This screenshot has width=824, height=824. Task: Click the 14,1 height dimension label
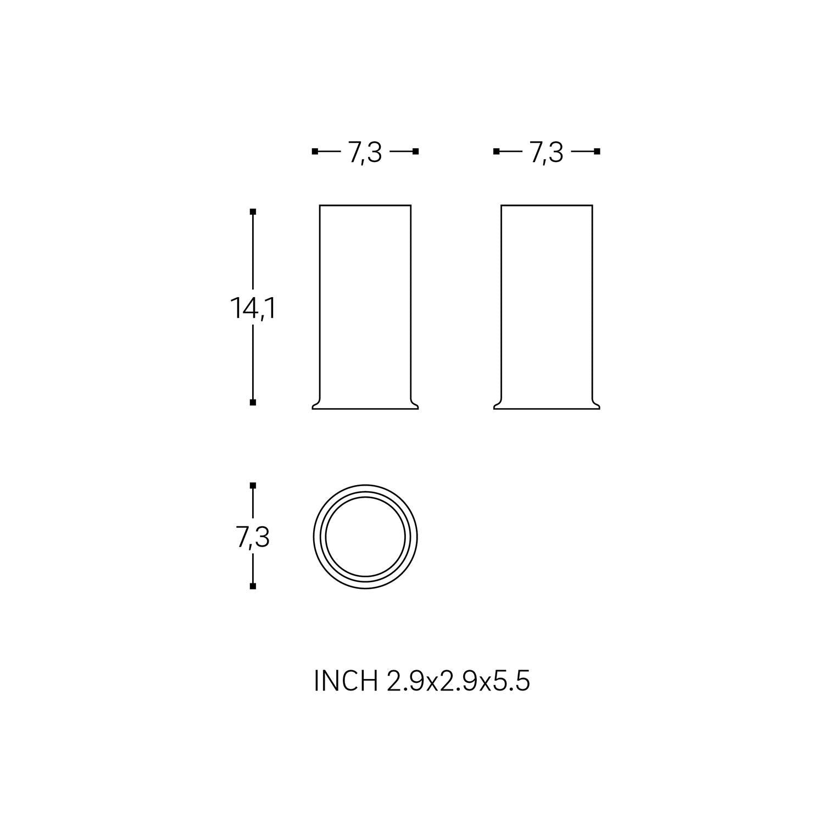pos(253,309)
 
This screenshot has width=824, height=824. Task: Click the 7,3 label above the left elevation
pos(365,152)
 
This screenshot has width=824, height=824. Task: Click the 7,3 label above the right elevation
pos(547,152)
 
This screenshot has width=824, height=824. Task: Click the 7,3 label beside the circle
pos(253,537)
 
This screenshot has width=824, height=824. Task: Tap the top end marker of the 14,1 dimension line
pos(253,211)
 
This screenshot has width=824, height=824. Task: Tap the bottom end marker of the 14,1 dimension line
pos(253,403)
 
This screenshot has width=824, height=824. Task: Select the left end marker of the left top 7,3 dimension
pos(315,152)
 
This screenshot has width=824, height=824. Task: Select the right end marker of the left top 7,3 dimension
pos(416,152)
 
